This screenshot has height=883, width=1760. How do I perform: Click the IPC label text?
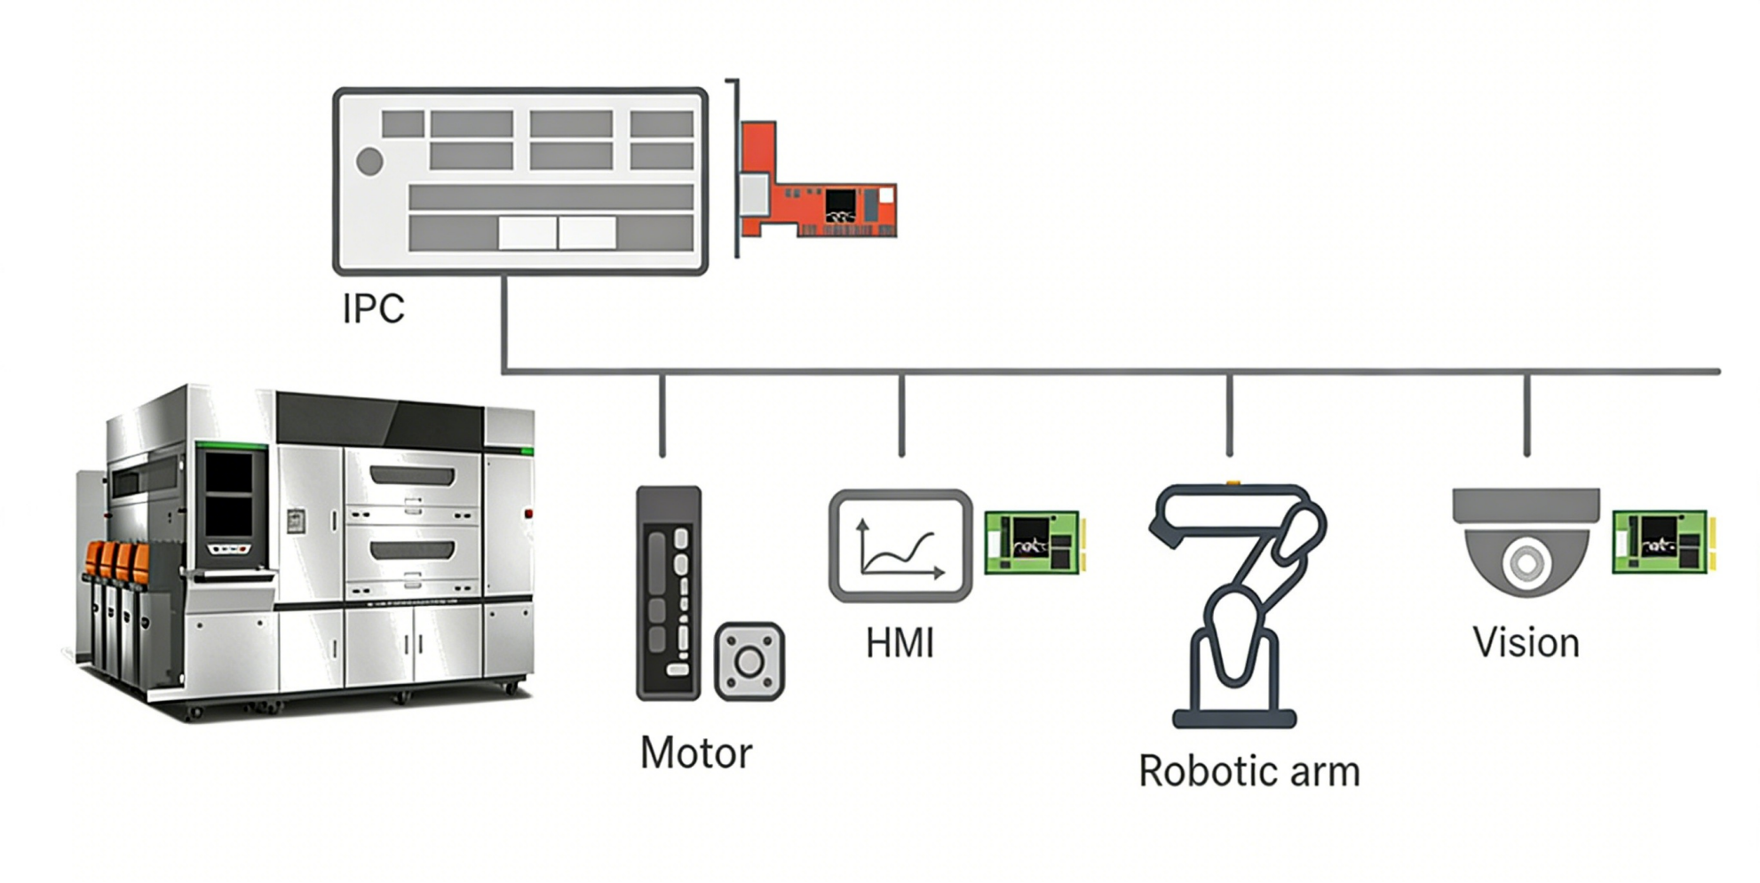pyautogui.click(x=373, y=308)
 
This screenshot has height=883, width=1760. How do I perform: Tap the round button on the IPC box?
pyautogui.click(x=369, y=162)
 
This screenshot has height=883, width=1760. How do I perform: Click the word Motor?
pyautogui.click(x=695, y=753)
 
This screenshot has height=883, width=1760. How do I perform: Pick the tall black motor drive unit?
pyautogui.click(x=669, y=593)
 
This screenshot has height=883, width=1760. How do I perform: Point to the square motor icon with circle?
pyautogui.click(x=749, y=662)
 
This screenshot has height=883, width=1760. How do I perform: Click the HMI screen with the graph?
pyautogui.click(x=900, y=545)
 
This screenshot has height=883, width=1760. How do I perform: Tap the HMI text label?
pyautogui.click(x=900, y=643)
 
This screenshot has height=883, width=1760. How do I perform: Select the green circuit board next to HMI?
pyautogui.click(x=1033, y=542)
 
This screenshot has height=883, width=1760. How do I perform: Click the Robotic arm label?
pyautogui.click(x=1249, y=771)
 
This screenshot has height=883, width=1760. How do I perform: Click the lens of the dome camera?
pyautogui.click(x=1526, y=562)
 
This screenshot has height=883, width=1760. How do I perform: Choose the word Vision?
pyautogui.click(x=1526, y=643)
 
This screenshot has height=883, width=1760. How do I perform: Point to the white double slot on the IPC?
pyautogui.click(x=557, y=233)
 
